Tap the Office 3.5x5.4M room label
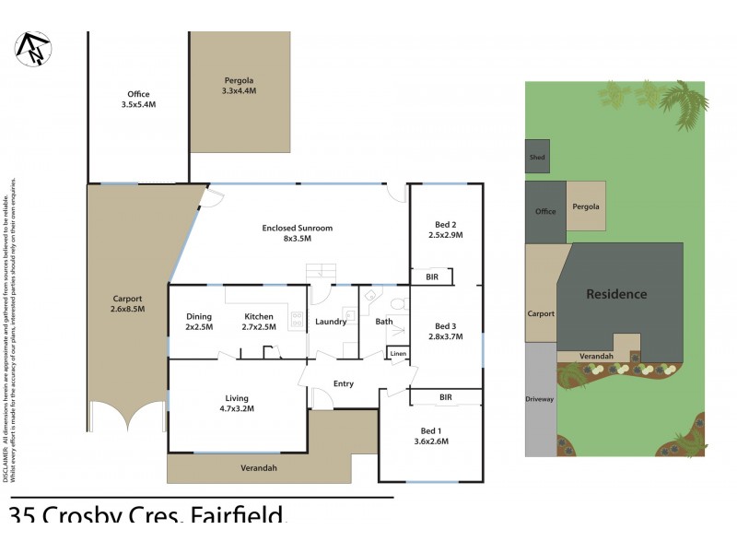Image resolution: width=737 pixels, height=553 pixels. tap(138, 100)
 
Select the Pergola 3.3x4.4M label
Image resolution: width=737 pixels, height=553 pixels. tap(239, 85)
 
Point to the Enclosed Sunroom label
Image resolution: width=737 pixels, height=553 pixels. tap(297, 233)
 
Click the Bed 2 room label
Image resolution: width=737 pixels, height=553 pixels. tap(446, 229)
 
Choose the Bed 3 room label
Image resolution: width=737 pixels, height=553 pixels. tap(446, 331)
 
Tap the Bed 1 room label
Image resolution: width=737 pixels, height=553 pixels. tap(430, 436)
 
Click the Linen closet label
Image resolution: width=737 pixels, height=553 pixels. tap(398, 354)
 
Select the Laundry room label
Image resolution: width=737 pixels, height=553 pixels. tap(331, 322)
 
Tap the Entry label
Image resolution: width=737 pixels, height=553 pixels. tap(343, 383)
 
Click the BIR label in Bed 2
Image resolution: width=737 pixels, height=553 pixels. tap(431, 276)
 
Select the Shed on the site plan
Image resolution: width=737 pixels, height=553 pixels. tap(537, 158)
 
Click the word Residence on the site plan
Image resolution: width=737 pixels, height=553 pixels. tap(617, 294)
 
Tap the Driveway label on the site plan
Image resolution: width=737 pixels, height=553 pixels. tap(540, 399)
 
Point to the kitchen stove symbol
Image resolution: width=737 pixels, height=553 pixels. tap(297, 320)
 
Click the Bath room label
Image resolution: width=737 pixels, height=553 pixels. tap(384, 322)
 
